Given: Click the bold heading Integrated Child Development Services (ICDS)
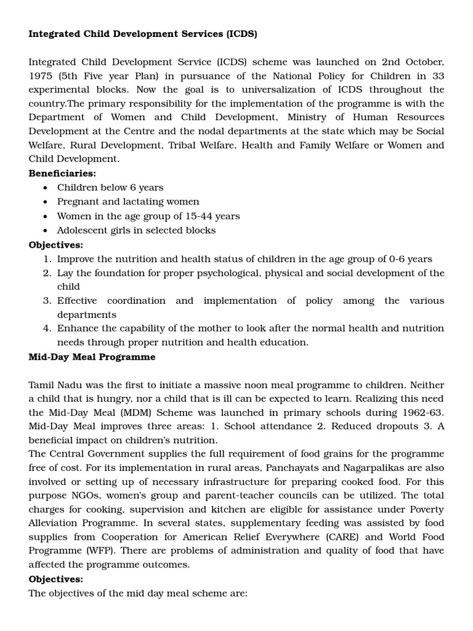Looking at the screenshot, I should pyautogui.click(x=142, y=34).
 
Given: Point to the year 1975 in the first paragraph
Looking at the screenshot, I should pyautogui.click(x=42, y=76).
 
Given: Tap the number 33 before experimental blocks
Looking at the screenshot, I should pyautogui.click(x=436, y=76).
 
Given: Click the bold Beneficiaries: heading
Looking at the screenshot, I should pyautogui.click(x=62, y=174).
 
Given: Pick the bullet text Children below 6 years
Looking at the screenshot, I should pyautogui.click(x=110, y=187).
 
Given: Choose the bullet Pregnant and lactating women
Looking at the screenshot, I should pyautogui.click(x=128, y=202).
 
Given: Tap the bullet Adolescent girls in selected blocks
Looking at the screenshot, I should pyautogui.click(x=136, y=230).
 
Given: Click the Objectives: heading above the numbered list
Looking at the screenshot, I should pyautogui.click(x=55, y=245).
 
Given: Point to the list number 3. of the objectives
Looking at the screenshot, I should pyautogui.click(x=47, y=301).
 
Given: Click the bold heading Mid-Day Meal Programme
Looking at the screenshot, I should pyautogui.click(x=92, y=357).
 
